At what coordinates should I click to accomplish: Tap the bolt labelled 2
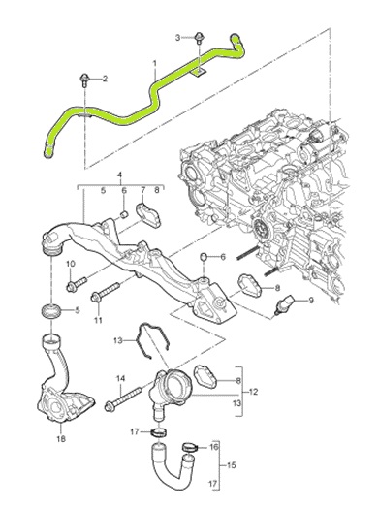point(84,80)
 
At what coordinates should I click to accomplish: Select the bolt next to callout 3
point(199,38)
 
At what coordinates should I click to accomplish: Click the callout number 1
point(155,62)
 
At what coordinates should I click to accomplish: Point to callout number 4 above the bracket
point(119,175)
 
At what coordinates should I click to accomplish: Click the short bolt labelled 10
point(77,284)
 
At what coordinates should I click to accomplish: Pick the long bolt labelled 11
point(105,291)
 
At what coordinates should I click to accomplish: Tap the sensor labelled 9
point(282,303)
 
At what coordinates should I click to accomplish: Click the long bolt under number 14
point(124,398)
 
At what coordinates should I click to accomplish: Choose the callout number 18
point(61,438)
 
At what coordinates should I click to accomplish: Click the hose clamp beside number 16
point(189,447)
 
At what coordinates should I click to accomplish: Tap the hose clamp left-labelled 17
point(159,432)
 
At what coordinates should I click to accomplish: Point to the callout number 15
point(231,465)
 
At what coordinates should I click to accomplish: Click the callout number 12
point(253,392)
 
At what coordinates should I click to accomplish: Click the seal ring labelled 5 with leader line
point(51,311)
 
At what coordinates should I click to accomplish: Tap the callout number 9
point(311,301)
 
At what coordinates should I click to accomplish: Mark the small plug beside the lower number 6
point(204,257)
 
